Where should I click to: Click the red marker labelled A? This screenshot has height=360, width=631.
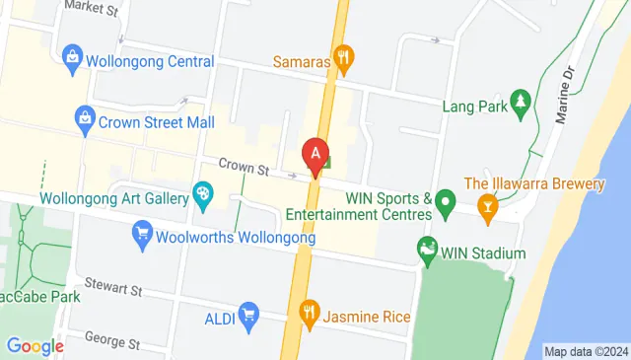point(315,156)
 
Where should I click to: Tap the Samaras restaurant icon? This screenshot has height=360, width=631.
point(343,56)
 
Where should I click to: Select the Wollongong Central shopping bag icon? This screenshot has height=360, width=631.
point(72,57)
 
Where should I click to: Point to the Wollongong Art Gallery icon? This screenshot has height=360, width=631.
point(203,194)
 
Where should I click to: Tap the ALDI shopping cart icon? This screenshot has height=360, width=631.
point(249,315)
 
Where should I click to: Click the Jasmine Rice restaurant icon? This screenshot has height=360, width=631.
point(309,315)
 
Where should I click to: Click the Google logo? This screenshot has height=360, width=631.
point(35,346)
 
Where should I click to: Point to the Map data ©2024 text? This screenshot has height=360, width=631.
point(586,351)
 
